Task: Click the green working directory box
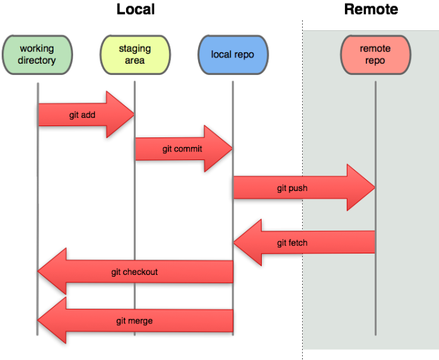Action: (x=37, y=55)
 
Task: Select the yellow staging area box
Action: (x=135, y=55)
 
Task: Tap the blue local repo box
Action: (x=233, y=55)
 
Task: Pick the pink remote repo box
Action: (x=375, y=55)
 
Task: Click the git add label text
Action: (x=82, y=115)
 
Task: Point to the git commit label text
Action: (x=182, y=149)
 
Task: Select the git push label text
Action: (x=292, y=188)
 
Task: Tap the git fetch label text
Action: (x=292, y=243)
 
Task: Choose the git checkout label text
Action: (x=134, y=272)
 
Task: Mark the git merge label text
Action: (x=134, y=321)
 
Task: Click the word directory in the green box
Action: (x=37, y=61)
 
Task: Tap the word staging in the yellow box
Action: (x=135, y=49)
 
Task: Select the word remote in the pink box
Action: (x=375, y=49)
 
